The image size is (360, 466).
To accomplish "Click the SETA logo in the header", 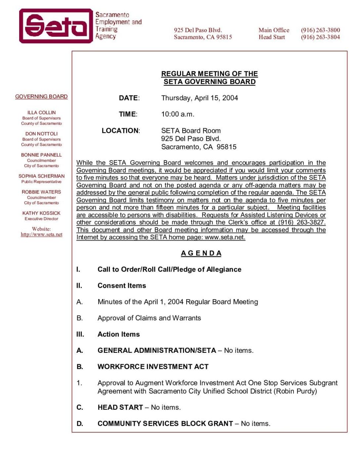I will pyautogui.click(x=55, y=26).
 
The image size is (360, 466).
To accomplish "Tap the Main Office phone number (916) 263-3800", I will pyautogui.click(x=320, y=30).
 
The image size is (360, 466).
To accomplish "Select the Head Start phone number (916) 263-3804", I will pyautogui.click(x=320, y=37).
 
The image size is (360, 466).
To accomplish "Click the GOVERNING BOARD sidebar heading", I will pyautogui.click(x=41, y=97).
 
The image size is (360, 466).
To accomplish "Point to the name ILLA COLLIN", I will pyautogui.click(x=41, y=112).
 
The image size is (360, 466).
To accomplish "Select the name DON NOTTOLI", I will pyautogui.click(x=41, y=134).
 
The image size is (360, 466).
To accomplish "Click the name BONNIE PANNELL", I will pyautogui.click(x=41, y=155).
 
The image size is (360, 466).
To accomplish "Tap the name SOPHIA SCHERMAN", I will pyautogui.click(x=41, y=176).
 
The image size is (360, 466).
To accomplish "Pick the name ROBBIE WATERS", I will pyautogui.click(x=41, y=192).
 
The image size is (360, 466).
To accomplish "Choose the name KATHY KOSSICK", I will pyautogui.click(x=41, y=213).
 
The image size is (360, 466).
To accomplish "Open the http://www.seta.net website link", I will pyautogui.click(x=41, y=234).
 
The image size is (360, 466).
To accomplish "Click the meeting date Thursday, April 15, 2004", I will pyautogui.click(x=199, y=98).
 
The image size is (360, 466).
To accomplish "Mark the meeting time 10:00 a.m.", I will pyautogui.click(x=177, y=114).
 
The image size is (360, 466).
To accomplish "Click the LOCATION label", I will pyautogui.click(x=120, y=131).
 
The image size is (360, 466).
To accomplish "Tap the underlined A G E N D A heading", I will pyautogui.click(x=201, y=253).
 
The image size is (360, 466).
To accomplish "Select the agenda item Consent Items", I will pyautogui.click(x=122, y=286).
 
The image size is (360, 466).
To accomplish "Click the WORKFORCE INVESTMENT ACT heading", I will pyautogui.click(x=153, y=367).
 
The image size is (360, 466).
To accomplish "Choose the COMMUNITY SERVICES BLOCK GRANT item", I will pyautogui.click(x=165, y=423).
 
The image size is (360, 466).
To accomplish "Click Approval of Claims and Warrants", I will pyautogui.click(x=149, y=318).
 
